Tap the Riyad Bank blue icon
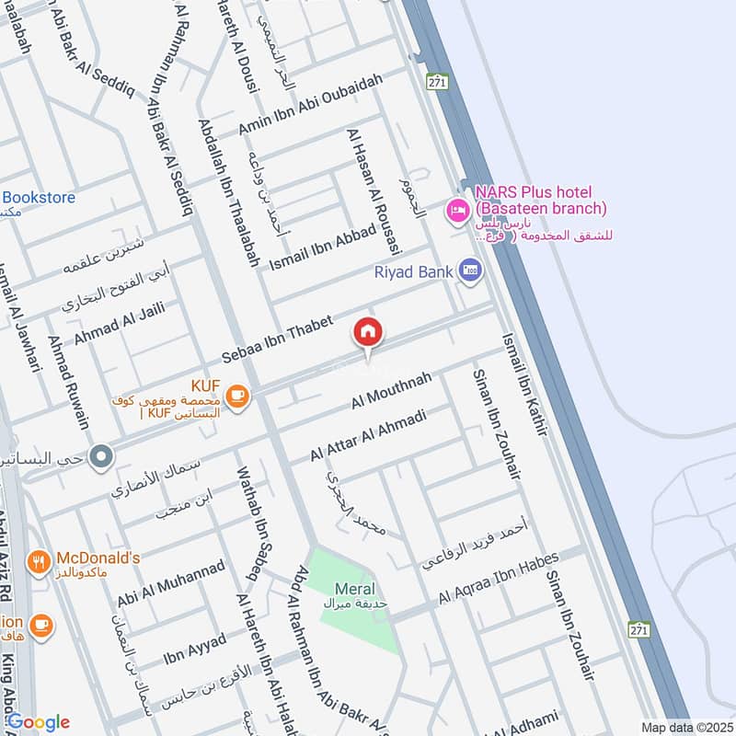click(470, 270)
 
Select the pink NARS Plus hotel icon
click(456, 211)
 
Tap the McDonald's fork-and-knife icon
click(39, 560)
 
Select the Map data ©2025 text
click(685, 727)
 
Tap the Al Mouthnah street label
click(392, 391)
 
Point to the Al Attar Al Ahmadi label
click(368, 435)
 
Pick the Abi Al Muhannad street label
click(171, 584)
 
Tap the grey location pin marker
click(103, 454)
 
